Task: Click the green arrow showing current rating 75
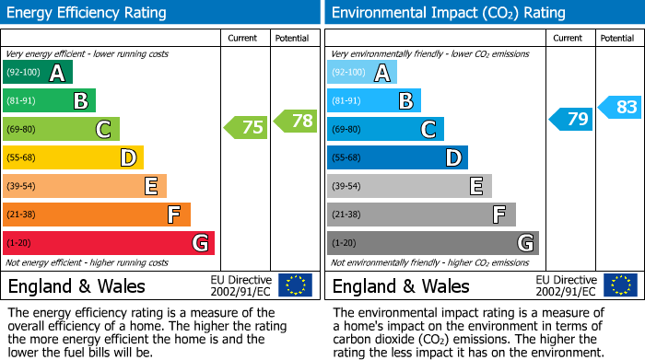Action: tap(246, 128)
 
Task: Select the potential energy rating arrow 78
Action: tap(295, 120)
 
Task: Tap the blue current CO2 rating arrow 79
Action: tap(571, 119)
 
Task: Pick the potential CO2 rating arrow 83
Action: tap(620, 107)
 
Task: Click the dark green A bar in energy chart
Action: tap(38, 73)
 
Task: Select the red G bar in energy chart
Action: tap(109, 243)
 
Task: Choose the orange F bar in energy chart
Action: tap(97, 215)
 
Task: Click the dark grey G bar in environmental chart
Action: tap(432, 243)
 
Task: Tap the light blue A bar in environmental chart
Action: tap(362, 73)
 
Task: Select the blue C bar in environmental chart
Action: tap(385, 129)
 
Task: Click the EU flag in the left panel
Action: tap(296, 285)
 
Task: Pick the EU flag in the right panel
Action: tap(620, 285)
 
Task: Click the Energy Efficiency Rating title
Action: tap(88, 13)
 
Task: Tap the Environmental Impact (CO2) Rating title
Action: tap(448, 13)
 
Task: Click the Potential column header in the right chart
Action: tap(617, 38)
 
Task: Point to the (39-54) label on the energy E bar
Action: tap(21, 186)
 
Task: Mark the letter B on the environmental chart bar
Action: tap(405, 101)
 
